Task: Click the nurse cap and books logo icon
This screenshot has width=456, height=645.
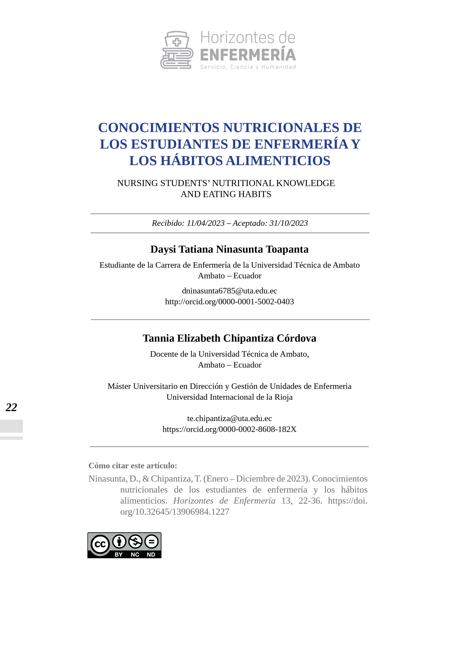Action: tap(177, 50)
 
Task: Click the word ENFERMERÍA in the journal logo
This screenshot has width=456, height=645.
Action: tap(248, 55)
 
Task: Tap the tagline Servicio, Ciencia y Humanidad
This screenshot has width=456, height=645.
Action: tap(248, 67)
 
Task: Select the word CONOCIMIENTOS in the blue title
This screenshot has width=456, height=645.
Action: tap(158, 128)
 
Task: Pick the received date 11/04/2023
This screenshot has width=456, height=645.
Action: tap(206, 223)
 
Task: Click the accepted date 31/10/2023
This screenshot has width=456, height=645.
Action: tap(288, 223)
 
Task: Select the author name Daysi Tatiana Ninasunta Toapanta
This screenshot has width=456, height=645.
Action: tap(229, 249)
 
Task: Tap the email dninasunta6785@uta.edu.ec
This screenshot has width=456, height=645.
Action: tap(229, 291)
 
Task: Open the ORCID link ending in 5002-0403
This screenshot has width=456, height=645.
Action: tap(229, 302)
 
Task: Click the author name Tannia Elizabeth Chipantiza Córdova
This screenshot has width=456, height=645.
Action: tap(229, 338)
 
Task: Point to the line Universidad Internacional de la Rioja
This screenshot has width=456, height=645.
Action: tap(229, 397)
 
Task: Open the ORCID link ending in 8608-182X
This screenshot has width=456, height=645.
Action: tap(229, 429)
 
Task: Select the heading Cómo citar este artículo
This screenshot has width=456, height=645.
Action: tap(133, 466)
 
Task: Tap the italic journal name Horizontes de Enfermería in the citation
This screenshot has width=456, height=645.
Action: tap(224, 501)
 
